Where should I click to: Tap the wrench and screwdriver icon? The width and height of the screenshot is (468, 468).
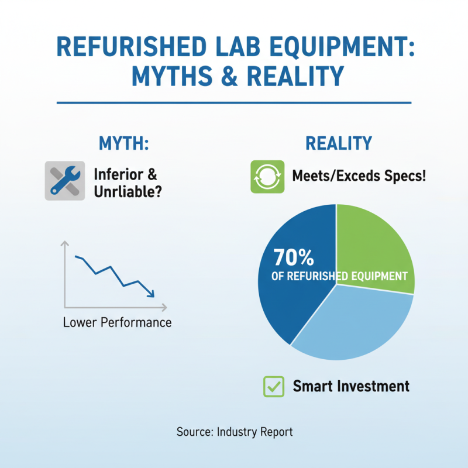coord(64,181)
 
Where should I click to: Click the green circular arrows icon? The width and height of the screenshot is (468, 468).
coord(267,176)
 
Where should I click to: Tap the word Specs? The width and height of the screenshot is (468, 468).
coord(399,175)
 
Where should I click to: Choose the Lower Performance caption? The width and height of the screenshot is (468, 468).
coord(117,322)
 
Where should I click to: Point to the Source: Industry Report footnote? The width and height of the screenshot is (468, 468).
coord(234,432)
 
